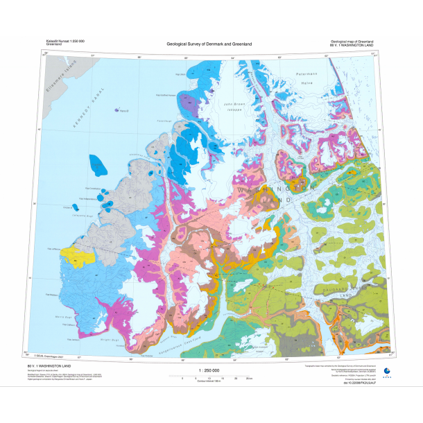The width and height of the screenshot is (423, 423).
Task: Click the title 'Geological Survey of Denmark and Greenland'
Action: [x=209, y=44]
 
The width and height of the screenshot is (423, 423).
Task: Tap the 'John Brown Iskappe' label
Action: [x=235, y=108]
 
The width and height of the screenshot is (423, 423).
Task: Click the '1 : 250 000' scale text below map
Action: [x=208, y=371]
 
